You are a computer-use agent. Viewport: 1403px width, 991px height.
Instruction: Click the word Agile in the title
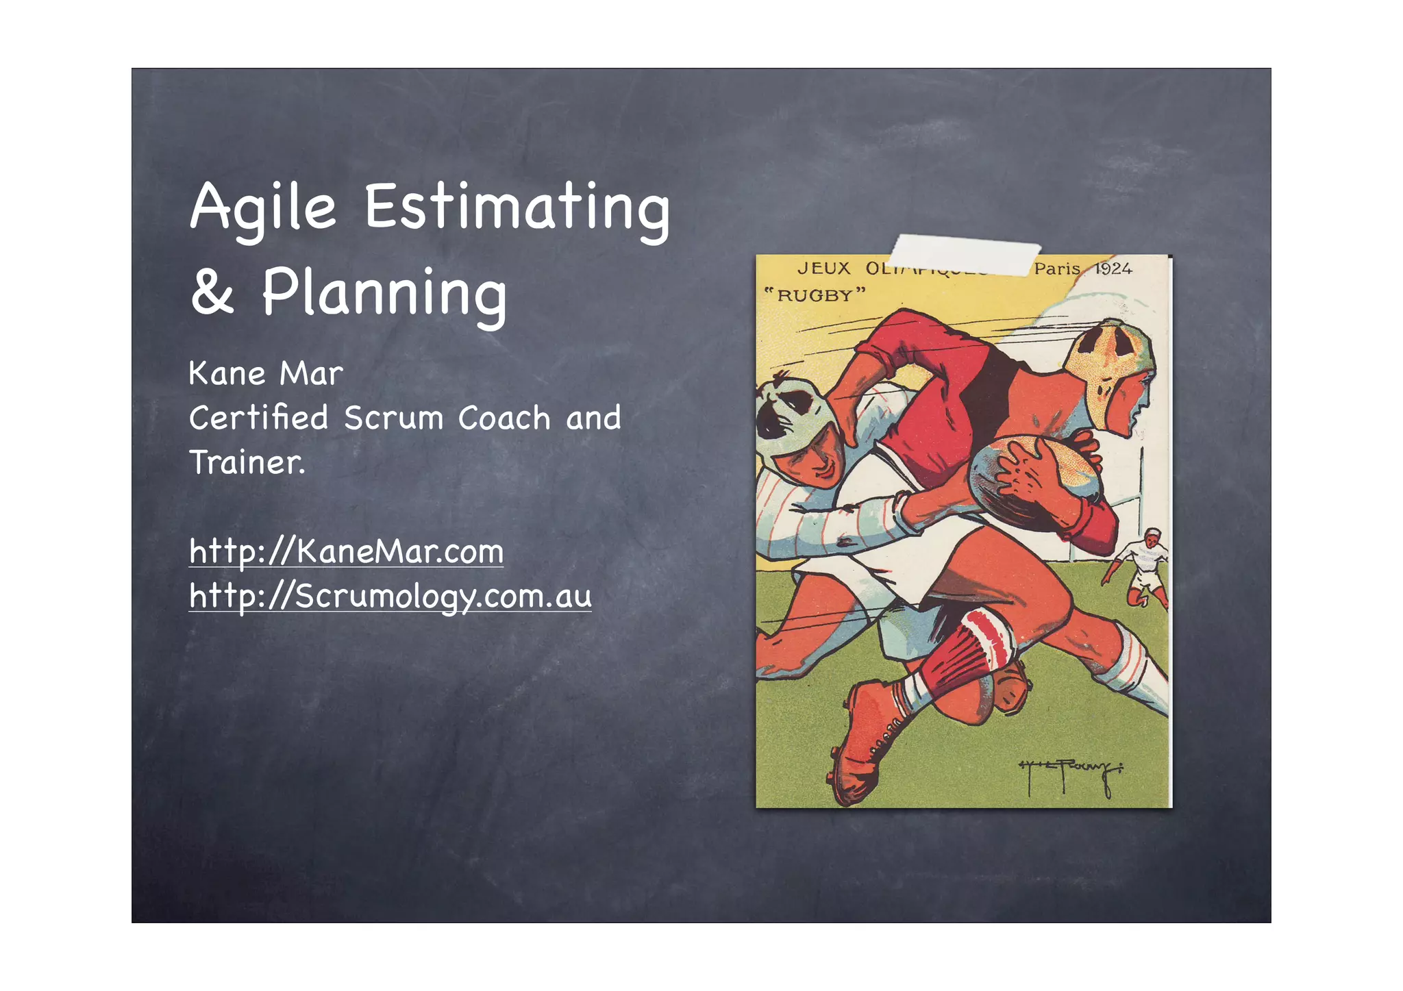click(x=263, y=208)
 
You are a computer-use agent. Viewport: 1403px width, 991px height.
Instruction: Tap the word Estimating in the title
click(x=517, y=208)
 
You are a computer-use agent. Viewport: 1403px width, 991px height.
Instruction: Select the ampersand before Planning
click(x=212, y=292)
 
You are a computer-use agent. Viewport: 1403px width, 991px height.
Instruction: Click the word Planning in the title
click(x=384, y=294)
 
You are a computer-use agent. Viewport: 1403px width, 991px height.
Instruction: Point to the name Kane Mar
click(x=266, y=374)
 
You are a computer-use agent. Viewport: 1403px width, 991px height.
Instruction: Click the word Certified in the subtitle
click(x=258, y=418)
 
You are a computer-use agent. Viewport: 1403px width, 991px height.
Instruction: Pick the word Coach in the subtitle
click(x=504, y=418)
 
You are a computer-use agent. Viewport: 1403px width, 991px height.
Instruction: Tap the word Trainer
click(x=247, y=462)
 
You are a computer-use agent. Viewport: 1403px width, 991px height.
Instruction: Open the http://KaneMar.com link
click(x=346, y=551)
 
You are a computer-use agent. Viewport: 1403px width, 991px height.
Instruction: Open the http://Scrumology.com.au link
click(x=390, y=596)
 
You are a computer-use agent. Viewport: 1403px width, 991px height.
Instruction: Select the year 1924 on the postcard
click(x=1113, y=268)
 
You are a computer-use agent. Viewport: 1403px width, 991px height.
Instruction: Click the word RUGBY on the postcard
click(x=815, y=296)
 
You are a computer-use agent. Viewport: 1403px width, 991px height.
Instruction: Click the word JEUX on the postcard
click(x=823, y=268)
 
